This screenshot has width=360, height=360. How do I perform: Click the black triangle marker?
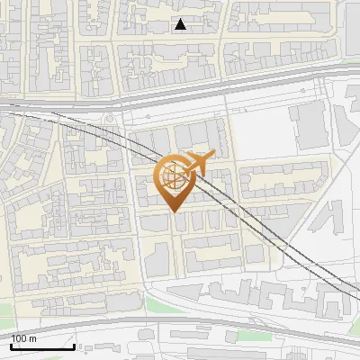(x=181, y=24)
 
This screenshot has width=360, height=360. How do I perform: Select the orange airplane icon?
(x=200, y=164)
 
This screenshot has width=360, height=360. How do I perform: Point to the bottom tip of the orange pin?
(x=174, y=212)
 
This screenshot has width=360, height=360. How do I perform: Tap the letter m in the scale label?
(x=33, y=338)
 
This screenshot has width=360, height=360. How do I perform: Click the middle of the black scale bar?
(x=42, y=346)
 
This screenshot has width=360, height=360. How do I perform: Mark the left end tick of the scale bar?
(x=11, y=346)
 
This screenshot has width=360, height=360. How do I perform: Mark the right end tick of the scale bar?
(x=74, y=346)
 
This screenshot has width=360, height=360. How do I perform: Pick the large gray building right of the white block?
(x=311, y=126)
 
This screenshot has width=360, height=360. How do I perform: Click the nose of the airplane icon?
(x=214, y=156)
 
